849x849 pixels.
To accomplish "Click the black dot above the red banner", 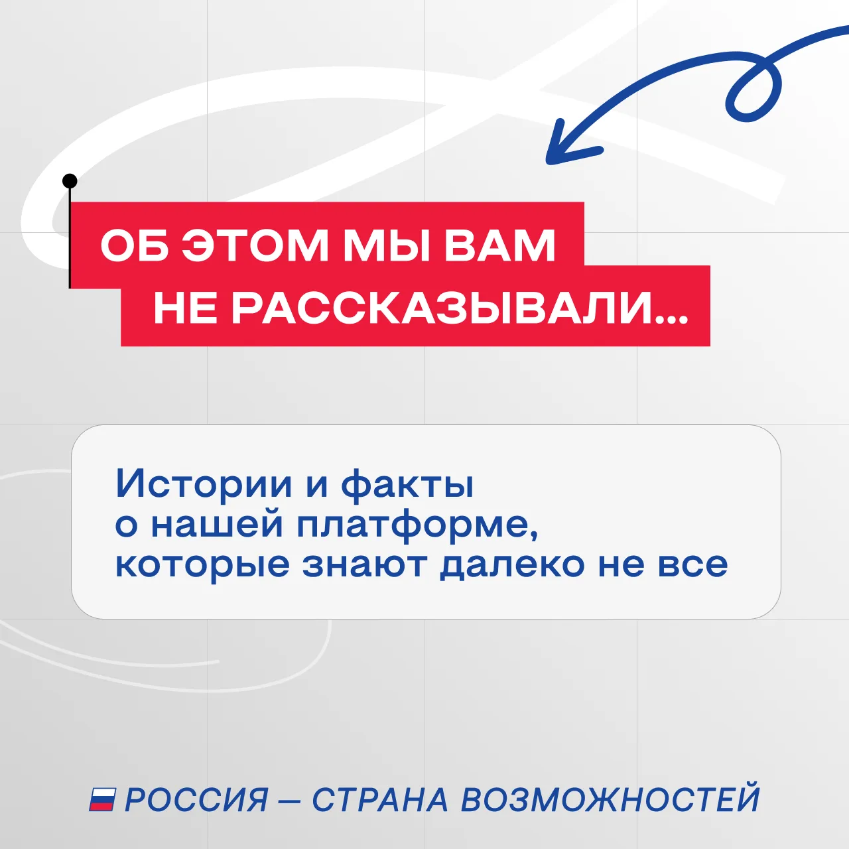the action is pyautogui.click(x=70, y=180).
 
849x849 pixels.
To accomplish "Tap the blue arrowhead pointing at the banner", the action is pyautogui.click(x=568, y=145).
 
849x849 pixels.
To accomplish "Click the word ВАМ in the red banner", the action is pyautogui.click(x=499, y=245).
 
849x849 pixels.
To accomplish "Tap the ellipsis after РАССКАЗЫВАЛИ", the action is pyautogui.click(x=671, y=320).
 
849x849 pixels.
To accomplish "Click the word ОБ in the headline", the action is pyautogui.click(x=135, y=245).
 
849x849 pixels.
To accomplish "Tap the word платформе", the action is pyautogui.click(x=417, y=526).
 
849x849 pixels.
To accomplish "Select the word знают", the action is pyautogui.click(x=364, y=564).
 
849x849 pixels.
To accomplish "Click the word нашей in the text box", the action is pyautogui.click(x=217, y=525).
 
